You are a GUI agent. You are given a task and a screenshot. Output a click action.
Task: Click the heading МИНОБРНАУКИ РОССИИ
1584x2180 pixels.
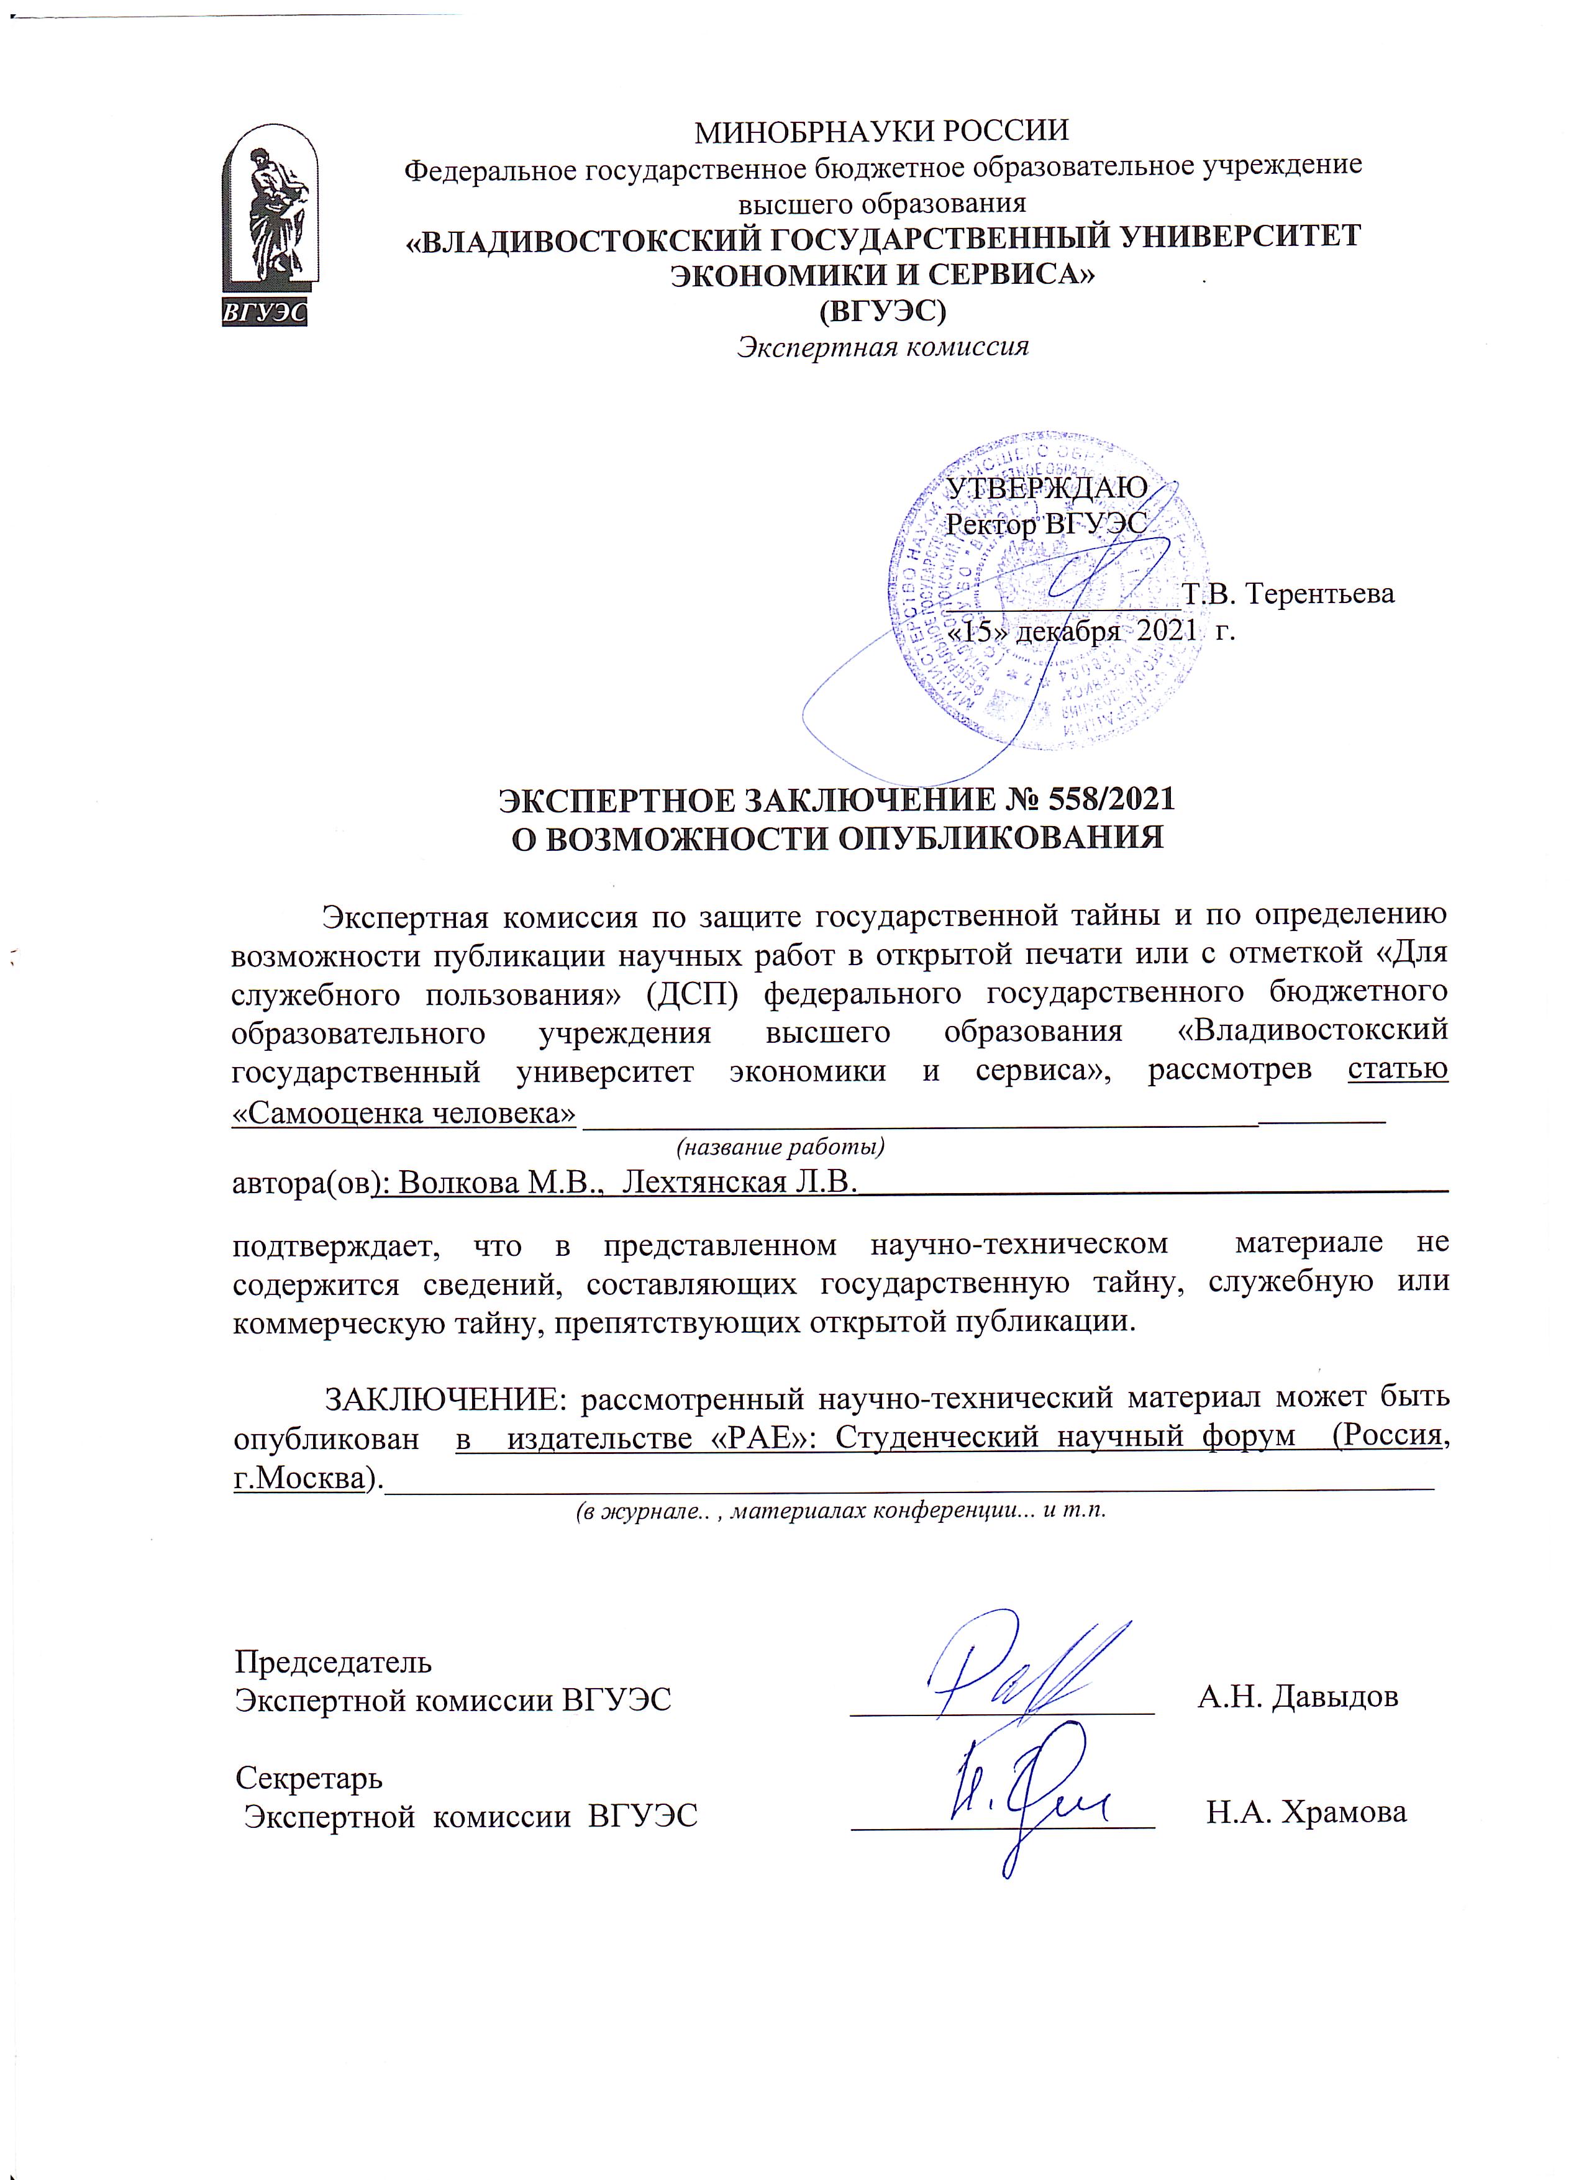[x=881, y=130]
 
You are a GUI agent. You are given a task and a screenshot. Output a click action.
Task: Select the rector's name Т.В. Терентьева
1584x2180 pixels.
[x=1288, y=593]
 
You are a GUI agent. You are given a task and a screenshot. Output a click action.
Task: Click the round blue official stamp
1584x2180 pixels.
[x=1048, y=596]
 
